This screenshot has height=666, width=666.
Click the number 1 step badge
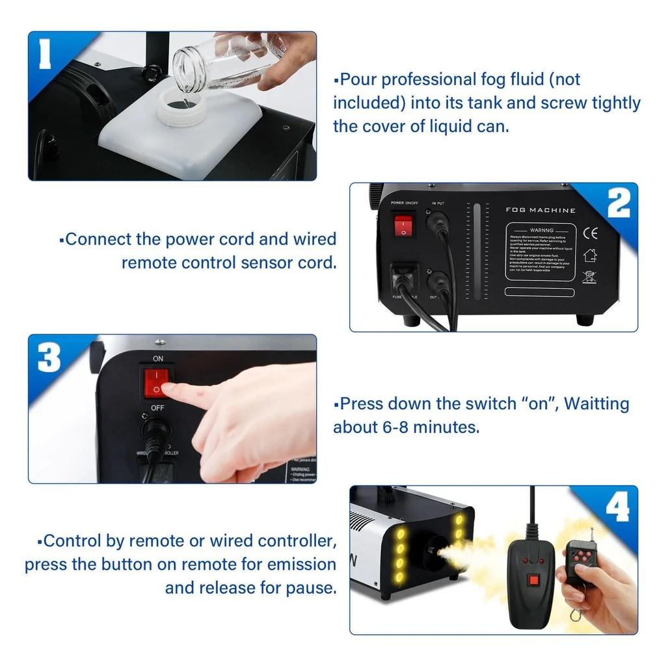click(x=45, y=55)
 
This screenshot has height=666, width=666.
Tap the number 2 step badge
click(x=618, y=204)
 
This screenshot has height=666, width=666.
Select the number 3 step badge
click(x=49, y=357)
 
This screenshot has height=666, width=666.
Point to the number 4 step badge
click(x=617, y=507)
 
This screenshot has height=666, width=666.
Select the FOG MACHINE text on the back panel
click(x=540, y=210)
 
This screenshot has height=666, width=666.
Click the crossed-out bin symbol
click(x=589, y=276)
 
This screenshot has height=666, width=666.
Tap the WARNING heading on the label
click(x=541, y=230)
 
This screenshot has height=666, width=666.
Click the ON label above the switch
click(x=158, y=358)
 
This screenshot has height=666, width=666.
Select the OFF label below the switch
click(x=157, y=407)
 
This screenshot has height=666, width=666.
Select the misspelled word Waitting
click(x=596, y=403)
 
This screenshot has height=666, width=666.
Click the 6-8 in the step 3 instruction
click(x=396, y=427)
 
